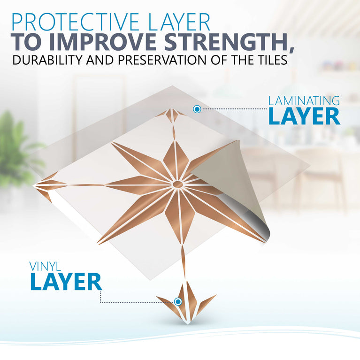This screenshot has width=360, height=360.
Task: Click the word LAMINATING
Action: coord(304,100)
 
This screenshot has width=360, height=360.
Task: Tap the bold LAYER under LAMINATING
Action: coord(304,116)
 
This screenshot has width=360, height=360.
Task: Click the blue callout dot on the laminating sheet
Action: coord(197,109)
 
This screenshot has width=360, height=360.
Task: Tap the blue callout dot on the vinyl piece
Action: coord(178,301)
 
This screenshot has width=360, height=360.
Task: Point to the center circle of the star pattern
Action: coord(178,184)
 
